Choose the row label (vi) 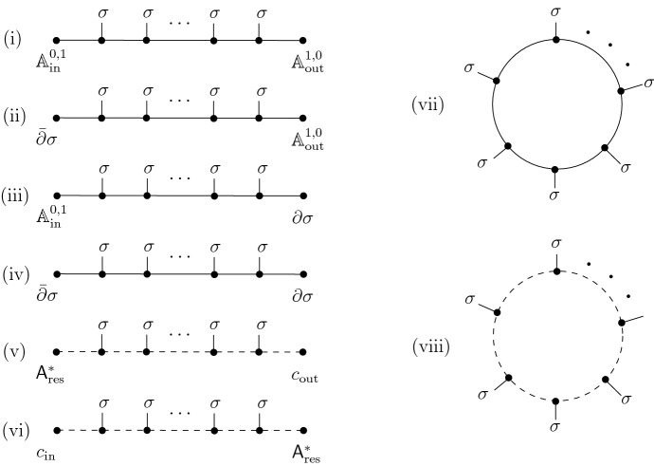click(x=17, y=430)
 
